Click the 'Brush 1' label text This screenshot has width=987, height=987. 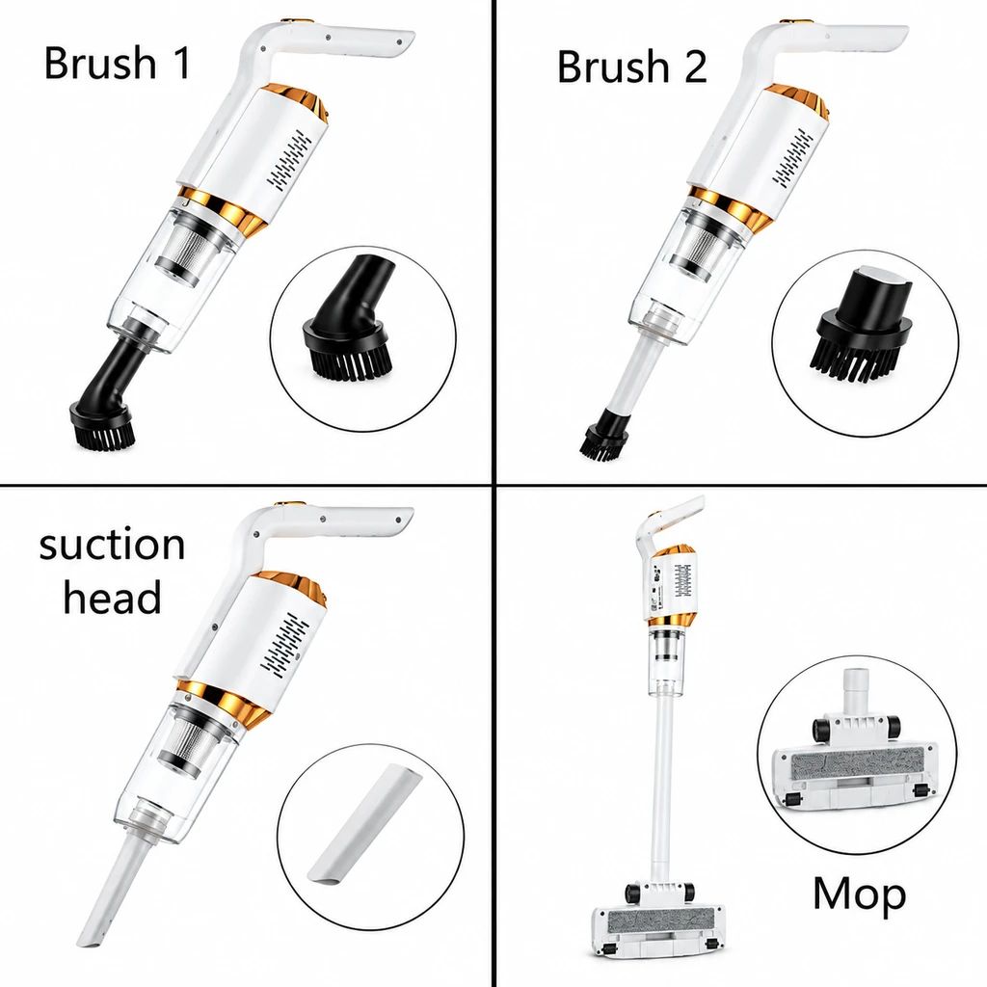click(x=117, y=63)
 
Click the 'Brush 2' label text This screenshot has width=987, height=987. click(x=632, y=67)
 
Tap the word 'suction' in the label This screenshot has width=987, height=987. click(x=112, y=545)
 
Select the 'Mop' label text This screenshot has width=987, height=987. click(x=859, y=894)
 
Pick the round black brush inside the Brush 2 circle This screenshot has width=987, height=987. click(x=864, y=328)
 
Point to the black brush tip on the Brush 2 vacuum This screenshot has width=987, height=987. click(x=605, y=434)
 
